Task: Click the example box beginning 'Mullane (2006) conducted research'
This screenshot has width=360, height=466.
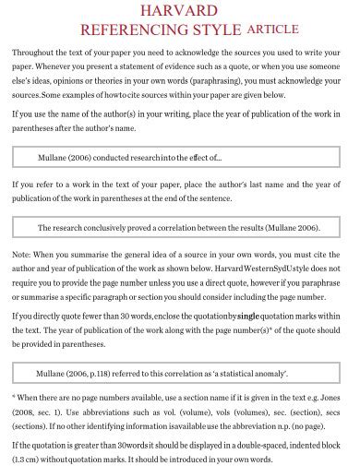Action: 180,158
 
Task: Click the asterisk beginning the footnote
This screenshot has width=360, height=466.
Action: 15,398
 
